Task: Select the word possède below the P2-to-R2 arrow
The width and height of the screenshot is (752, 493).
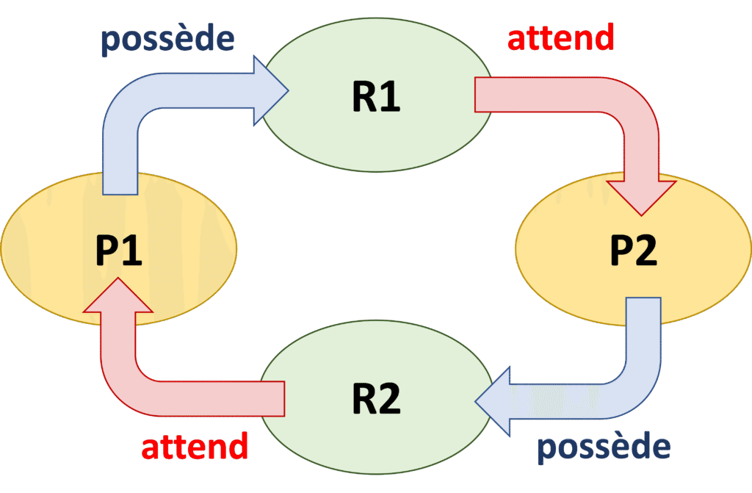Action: tap(604, 448)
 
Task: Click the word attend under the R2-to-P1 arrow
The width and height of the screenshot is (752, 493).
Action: tap(195, 447)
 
